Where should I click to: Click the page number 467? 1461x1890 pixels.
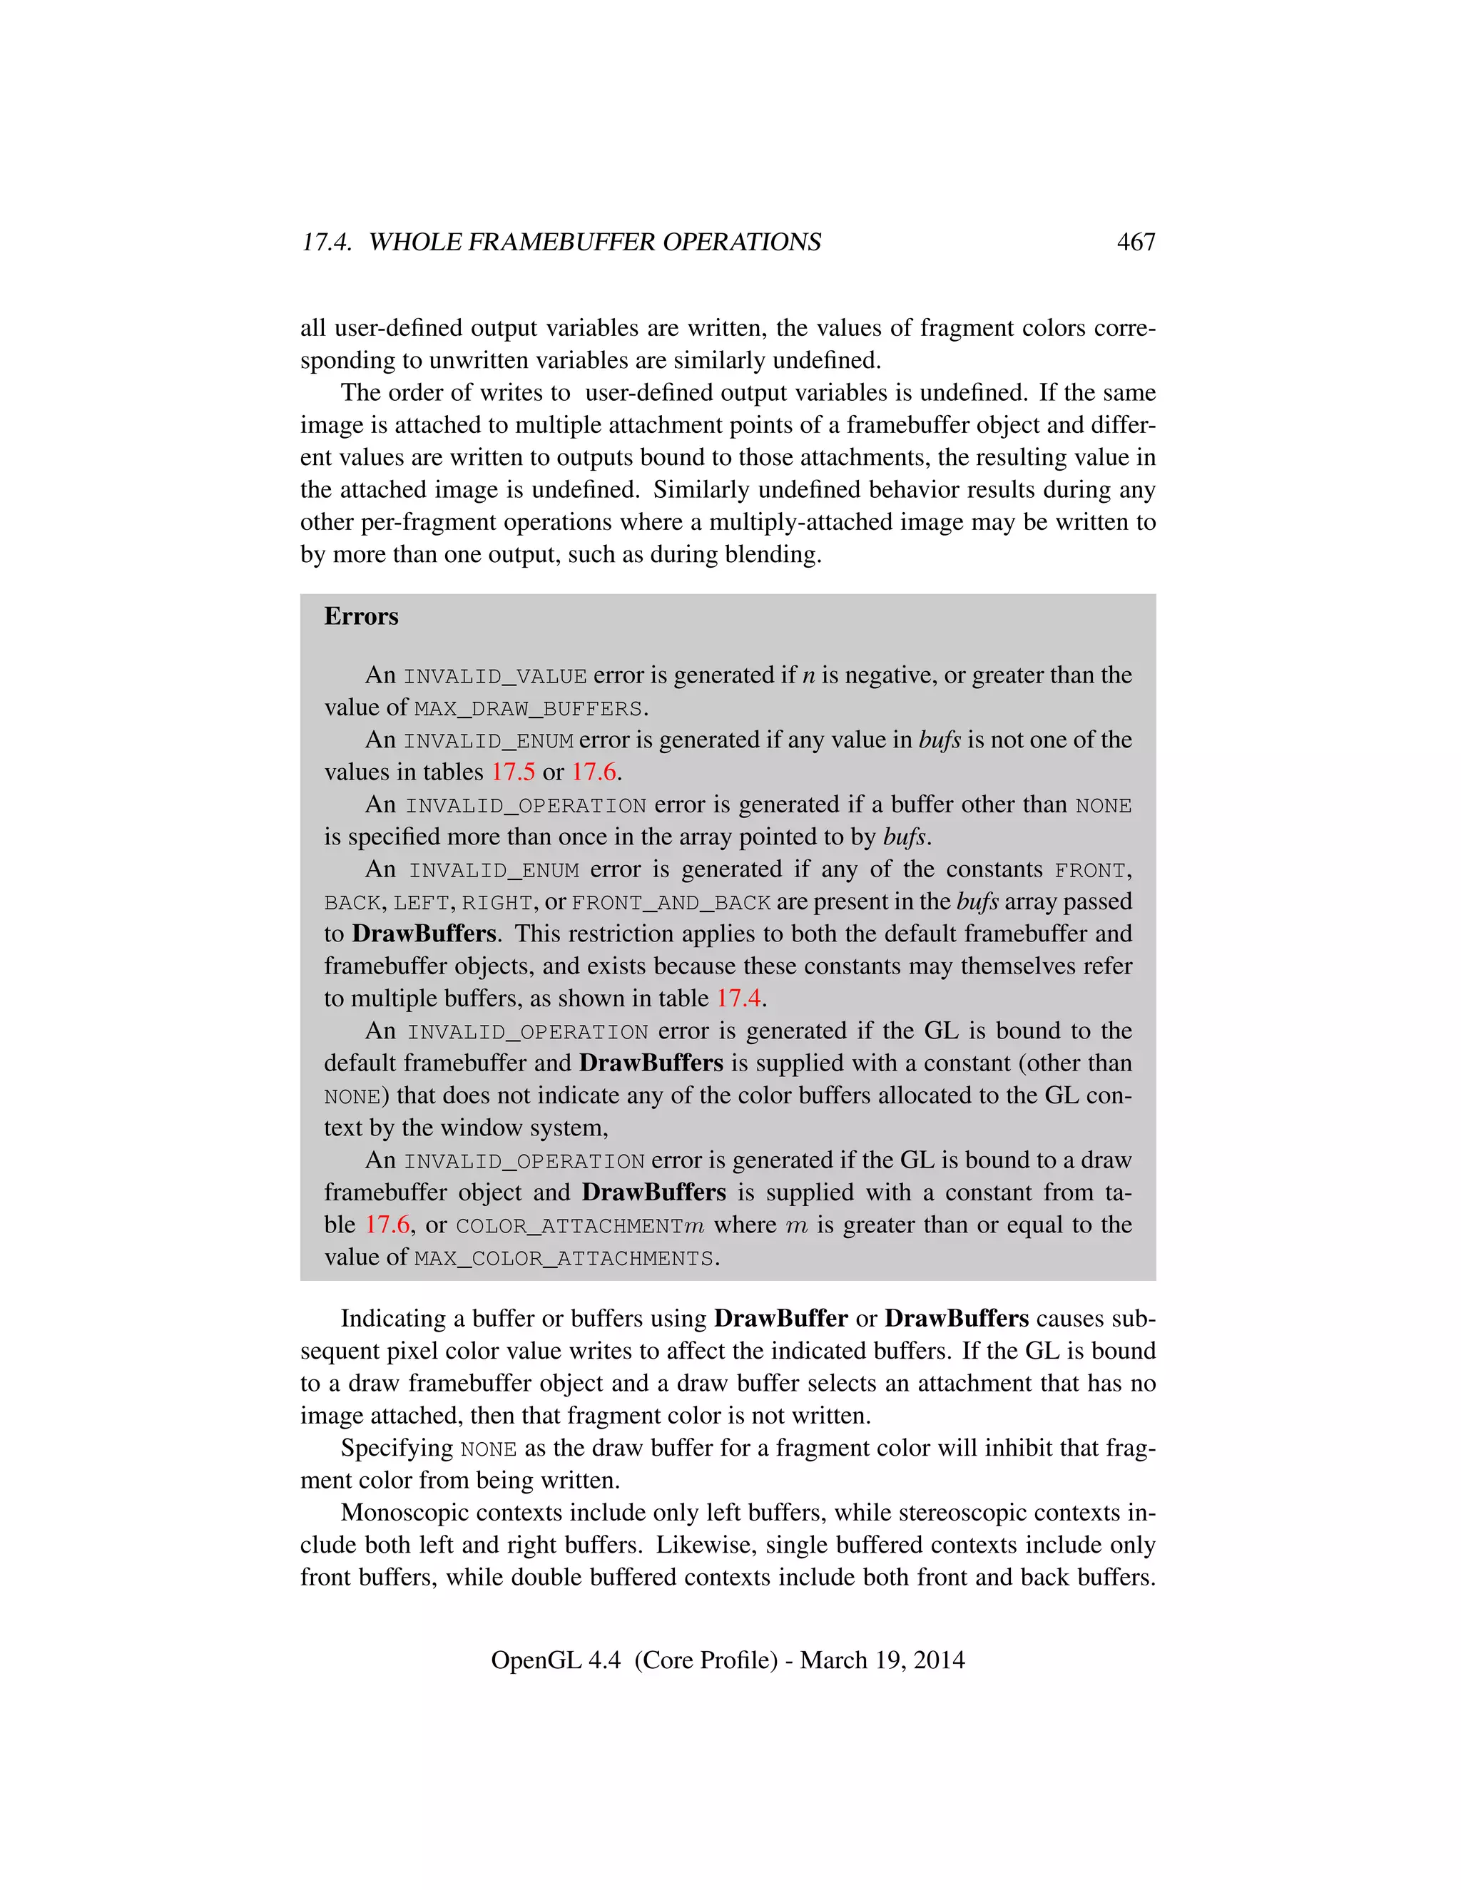pos(1136,242)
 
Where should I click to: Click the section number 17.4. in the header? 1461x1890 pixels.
pos(326,242)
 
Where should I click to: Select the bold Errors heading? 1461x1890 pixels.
pos(361,616)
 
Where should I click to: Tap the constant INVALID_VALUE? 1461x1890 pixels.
pos(495,676)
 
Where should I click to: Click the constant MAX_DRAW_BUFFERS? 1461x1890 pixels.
pos(528,709)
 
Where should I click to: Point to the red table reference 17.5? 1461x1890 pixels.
pos(513,772)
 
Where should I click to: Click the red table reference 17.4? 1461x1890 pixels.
pos(738,998)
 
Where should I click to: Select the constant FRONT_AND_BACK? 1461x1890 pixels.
pos(671,903)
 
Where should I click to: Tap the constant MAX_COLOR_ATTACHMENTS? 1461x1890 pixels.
pos(564,1258)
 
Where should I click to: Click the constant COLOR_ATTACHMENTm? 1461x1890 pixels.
pos(580,1226)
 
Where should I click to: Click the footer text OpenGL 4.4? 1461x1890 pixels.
pos(556,1660)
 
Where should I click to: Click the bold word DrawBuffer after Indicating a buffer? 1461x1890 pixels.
pos(780,1319)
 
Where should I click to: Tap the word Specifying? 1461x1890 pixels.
pos(397,1449)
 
